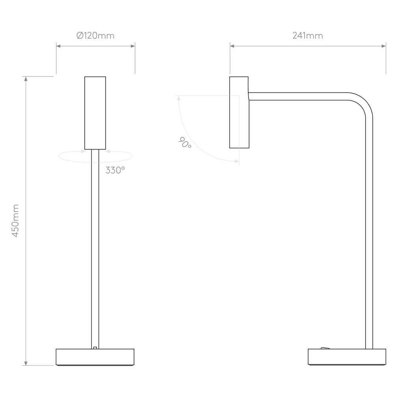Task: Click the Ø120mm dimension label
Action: coord(95,36)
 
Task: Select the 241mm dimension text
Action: coord(308,36)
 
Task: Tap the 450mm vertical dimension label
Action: coord(16,221)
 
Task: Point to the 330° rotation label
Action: coord(115,170)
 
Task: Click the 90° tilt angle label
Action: coord(185,143)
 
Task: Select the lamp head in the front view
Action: coord(95,113)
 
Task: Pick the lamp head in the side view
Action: coord(239,112)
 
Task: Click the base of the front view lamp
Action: coord(95,357)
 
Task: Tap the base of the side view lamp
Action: coord(347,357)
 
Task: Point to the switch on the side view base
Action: coord(325,348)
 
